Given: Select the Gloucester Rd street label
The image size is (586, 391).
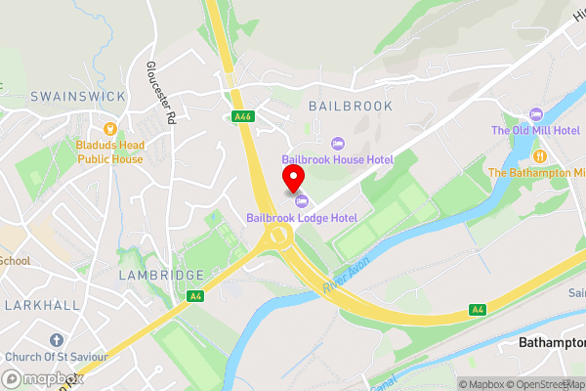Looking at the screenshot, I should click(x=160, y=94).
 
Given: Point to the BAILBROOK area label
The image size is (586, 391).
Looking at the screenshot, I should click(x=350, y=106).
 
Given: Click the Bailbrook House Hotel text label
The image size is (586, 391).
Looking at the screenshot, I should click(x=338, y=158).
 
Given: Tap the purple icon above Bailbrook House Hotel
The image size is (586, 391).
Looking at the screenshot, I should click(x=338, y=142).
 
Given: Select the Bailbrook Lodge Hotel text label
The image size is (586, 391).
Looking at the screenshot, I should click(x=302, y=217).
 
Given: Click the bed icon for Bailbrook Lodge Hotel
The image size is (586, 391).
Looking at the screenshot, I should click(x=302, y=201).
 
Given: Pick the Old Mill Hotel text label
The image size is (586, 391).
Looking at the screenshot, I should click(x=535, y=131).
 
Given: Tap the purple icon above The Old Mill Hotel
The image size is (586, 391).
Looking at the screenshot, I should click(x=534, y=115).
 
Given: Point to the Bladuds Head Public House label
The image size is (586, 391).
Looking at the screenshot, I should click(x=109, y=152).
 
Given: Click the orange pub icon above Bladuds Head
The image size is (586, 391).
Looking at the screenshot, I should click(x=109, y=127).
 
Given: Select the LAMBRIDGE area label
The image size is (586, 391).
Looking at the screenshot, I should click(x=161, y=276).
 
